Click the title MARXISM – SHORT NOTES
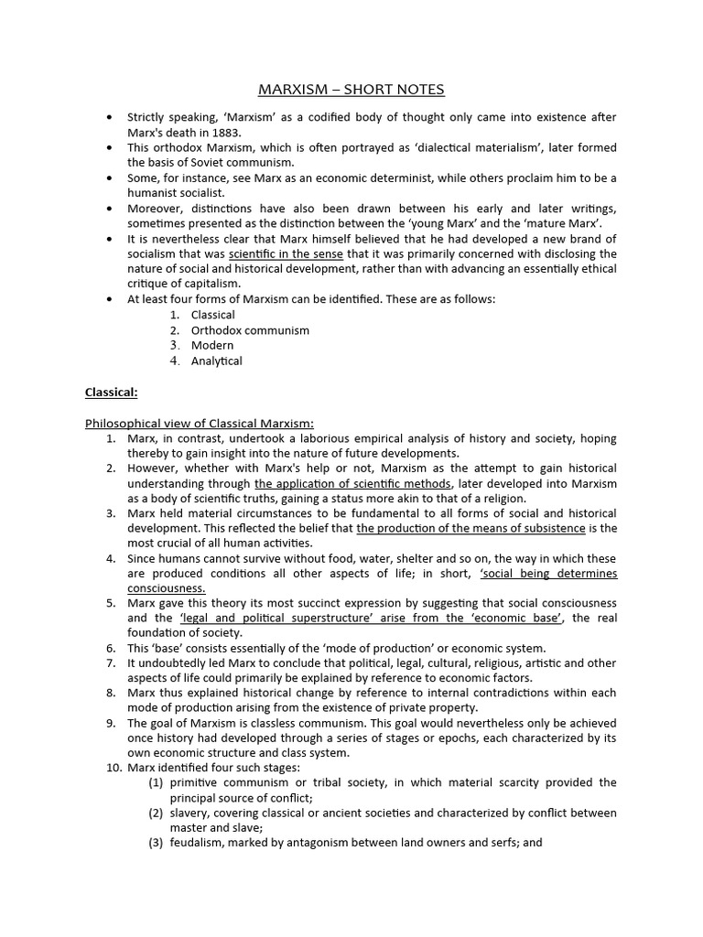[351, 89]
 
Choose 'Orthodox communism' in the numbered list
[250, 330]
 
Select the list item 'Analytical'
[216, 361]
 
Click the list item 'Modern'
[211, 346]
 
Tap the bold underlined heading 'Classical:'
[111, 392]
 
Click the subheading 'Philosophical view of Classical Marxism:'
[199, 423]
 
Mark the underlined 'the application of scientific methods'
[352, 483]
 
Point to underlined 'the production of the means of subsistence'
[470, 528]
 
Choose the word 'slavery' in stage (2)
[189, 813]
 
